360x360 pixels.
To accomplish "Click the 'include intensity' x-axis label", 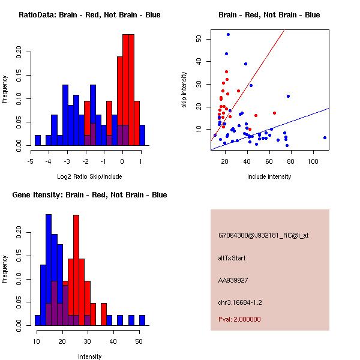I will point(269,176).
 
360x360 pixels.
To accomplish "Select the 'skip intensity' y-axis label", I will point(184,90).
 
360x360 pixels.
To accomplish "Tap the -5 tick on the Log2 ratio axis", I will point(31,161).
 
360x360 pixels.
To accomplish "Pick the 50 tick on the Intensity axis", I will point(139,341).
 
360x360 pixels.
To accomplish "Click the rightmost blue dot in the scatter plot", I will point(325,137).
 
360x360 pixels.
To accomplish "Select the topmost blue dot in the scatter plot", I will point(228,35).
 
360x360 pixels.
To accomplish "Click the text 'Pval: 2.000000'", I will point(239,319).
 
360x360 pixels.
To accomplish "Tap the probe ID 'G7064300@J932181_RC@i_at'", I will point(263,235).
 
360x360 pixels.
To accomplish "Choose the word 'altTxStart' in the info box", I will point(232,258).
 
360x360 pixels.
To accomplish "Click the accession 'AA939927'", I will point(232,280).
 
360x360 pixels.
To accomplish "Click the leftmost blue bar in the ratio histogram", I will point(38,140).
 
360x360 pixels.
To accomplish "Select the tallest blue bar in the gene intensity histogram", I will point(49,270).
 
